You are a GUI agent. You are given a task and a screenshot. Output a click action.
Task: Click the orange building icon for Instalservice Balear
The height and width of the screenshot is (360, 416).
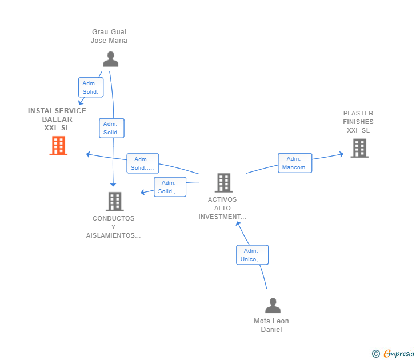[x=58, y=146]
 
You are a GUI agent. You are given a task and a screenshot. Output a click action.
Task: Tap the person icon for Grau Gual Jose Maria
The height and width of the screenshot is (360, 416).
[x=111, y=59]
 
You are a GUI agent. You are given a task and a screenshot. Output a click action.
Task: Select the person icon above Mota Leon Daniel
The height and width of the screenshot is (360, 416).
[x=273, y=305]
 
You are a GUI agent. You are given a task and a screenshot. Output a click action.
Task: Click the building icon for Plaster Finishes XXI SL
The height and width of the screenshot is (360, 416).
[x=359, y=148]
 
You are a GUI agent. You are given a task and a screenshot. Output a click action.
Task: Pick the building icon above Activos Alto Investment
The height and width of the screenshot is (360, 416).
[x=223, y=182]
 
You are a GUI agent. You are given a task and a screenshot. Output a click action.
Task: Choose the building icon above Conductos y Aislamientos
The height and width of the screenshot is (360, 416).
[x=115, y=201]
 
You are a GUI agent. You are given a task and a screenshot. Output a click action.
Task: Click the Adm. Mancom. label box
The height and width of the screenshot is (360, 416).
[x=295, y=163]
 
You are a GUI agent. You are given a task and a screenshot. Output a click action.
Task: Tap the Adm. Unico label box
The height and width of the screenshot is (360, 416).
[x=253, y=255]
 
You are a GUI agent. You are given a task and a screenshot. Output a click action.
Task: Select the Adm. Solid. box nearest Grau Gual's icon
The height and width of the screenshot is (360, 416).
[x=91, y=87]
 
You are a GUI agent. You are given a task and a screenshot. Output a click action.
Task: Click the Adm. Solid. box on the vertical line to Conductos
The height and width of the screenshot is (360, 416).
[x=111, y=128]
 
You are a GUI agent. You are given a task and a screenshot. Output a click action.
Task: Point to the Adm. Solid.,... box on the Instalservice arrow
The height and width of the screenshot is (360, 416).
[x=143, y=163]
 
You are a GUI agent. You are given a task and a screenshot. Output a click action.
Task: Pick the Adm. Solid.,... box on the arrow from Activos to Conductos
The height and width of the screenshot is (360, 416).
[x=170, y=187]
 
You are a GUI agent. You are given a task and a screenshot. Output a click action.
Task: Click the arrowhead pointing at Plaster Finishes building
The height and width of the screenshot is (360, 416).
[x=342, y=154]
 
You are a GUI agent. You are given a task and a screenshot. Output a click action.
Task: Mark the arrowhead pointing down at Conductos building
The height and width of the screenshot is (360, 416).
[x=113, y=185]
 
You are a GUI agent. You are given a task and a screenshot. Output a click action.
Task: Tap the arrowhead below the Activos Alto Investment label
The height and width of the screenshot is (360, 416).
[x=238, y=224]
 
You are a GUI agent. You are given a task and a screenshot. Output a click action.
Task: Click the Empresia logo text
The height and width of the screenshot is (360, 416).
[x=399, y=353]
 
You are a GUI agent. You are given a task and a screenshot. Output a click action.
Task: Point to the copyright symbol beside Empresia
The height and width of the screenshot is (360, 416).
[x=376, y=354]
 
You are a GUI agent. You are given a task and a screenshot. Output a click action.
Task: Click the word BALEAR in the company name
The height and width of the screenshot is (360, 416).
[x=57, y=119]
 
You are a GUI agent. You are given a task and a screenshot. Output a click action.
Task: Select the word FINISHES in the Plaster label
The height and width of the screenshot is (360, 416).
[x=358, y=122]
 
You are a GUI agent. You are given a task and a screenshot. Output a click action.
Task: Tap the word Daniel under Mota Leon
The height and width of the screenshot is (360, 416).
[x=271, y=330]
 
